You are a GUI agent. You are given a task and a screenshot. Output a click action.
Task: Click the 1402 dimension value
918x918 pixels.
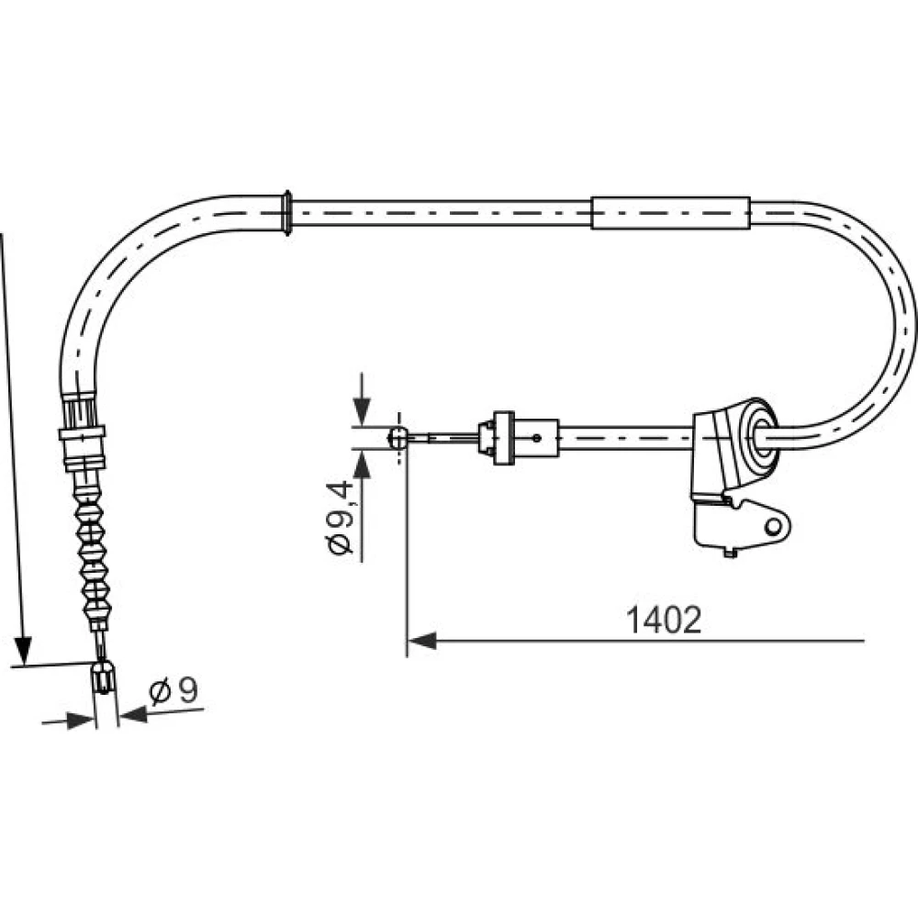pos(664,620)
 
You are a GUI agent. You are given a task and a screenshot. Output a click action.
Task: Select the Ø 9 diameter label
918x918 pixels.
pos(174,691)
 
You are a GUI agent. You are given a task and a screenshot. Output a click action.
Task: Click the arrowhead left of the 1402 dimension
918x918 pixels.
pos(422,641)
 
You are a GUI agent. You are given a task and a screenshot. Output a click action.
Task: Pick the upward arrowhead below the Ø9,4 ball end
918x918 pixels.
pos(363,465)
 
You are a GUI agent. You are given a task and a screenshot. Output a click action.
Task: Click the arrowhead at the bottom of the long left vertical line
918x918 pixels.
pos(22,651)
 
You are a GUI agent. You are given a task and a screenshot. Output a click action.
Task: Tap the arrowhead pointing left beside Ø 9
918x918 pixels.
pos(133,713)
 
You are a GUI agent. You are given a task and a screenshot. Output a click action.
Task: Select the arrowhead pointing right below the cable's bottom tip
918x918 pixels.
pos(80,721)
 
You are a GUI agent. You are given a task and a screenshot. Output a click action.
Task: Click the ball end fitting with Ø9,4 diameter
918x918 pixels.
pos(398,437)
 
